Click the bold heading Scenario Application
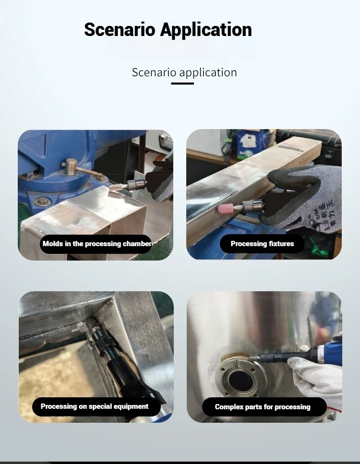tap(168, 30)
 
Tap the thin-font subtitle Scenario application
tap(184, 72)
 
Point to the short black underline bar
tap(182, 83)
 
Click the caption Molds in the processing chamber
tap(97, 244)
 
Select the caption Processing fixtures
tap(262, 244)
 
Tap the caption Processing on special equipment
tap(95, 406)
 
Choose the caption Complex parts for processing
tap(263, 407)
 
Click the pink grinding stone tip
tap(225, 209)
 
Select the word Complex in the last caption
tap(228, 407)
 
